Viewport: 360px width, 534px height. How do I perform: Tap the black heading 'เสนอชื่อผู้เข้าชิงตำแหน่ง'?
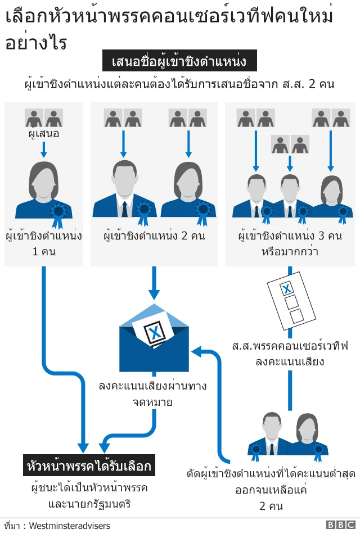(x=179, y=60)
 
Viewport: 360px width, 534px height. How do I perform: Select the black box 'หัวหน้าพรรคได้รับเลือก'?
(x=89, y=467)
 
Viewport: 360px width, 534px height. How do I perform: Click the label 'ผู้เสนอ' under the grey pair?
(x=44, y=134)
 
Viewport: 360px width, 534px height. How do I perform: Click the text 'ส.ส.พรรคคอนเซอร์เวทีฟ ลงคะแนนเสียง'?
(x=290, y=352)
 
